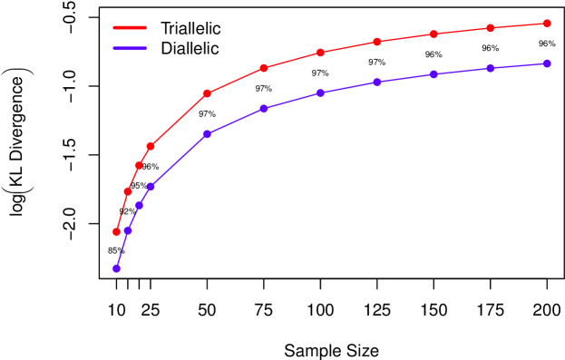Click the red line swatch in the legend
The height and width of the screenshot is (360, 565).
click(130, 27)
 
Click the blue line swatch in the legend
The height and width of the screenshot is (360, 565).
click(130, 48)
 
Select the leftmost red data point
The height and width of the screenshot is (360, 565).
click(116, 232)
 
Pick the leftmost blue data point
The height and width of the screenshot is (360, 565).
click(116, 268)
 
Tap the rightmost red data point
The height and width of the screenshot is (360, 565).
click(547, 24)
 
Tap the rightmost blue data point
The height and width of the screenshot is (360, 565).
click(547, 63)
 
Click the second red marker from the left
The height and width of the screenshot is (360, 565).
click(128, 191)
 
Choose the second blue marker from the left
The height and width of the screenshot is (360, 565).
click(128, 230)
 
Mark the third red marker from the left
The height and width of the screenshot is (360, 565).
click(139, 166)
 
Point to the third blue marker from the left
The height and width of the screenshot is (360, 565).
click(139, 206)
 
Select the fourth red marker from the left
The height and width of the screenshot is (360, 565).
click(151, 146)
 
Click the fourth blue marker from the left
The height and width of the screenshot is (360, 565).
click(151, 186)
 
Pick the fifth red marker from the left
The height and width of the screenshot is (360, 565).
click(207, 93)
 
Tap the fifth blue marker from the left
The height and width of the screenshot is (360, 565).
click(207, 134)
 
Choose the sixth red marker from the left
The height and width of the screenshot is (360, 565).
click(264, 68)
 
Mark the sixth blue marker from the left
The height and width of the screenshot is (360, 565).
click(264, 108)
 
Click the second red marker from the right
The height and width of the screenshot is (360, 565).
click(490, 28)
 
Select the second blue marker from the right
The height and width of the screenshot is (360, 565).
click(490, 68)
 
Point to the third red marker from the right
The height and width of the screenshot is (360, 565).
click(433, 34)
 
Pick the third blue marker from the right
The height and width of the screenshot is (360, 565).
click(433, 74)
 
